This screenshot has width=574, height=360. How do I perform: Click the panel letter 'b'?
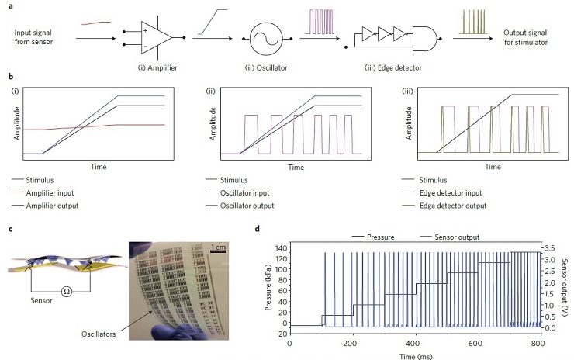pyautogui.click(x=9, y=78)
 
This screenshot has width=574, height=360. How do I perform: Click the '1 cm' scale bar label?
pyautogui.click(x=220, y=247)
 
